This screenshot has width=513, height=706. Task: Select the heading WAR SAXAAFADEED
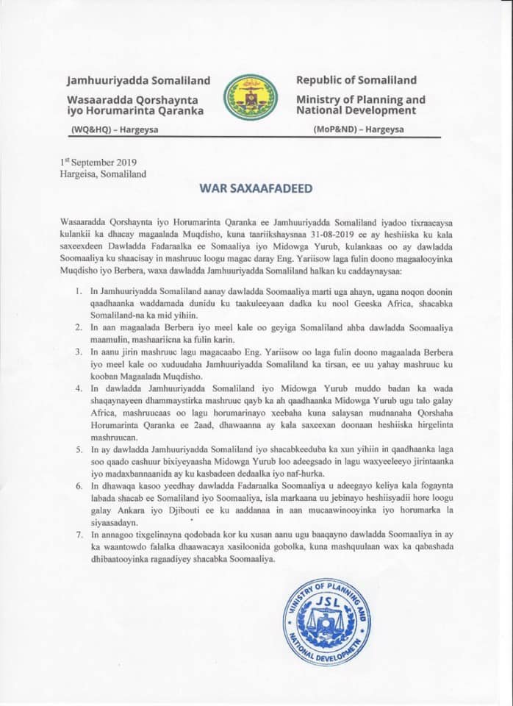pyautogui.click(x=256, y=188)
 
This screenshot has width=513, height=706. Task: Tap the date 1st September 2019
pyautogui.click(x=98, y=163)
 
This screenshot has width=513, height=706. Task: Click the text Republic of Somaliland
pyautogui.click(x=356, y=80)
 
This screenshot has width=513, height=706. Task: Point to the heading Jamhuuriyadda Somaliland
pyautogui.click(x=138, y=80)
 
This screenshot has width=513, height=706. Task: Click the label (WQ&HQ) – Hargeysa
pyautogui.click(x=115, y=130)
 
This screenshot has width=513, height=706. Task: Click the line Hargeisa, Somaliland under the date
pyautogui.click(x=103, y=174)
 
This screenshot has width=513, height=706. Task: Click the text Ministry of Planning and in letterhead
pyautogui.click(x=360, y=99)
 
